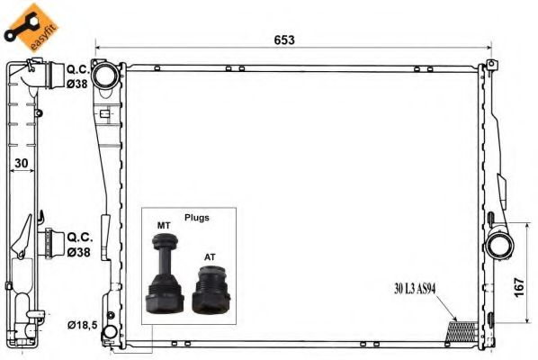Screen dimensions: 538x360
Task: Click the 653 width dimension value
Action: point(284,40)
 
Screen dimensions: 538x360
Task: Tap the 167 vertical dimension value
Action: point(519,288)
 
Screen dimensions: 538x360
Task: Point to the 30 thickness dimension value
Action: point(22,163)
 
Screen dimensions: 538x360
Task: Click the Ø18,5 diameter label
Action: point(83,325)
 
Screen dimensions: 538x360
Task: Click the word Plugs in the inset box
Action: point(197,218)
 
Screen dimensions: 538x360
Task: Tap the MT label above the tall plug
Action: point(164,226)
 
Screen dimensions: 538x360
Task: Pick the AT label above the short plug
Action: point(210,257)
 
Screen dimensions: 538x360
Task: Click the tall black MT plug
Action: point(164,274)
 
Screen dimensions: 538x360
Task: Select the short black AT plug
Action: point(211,289)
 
